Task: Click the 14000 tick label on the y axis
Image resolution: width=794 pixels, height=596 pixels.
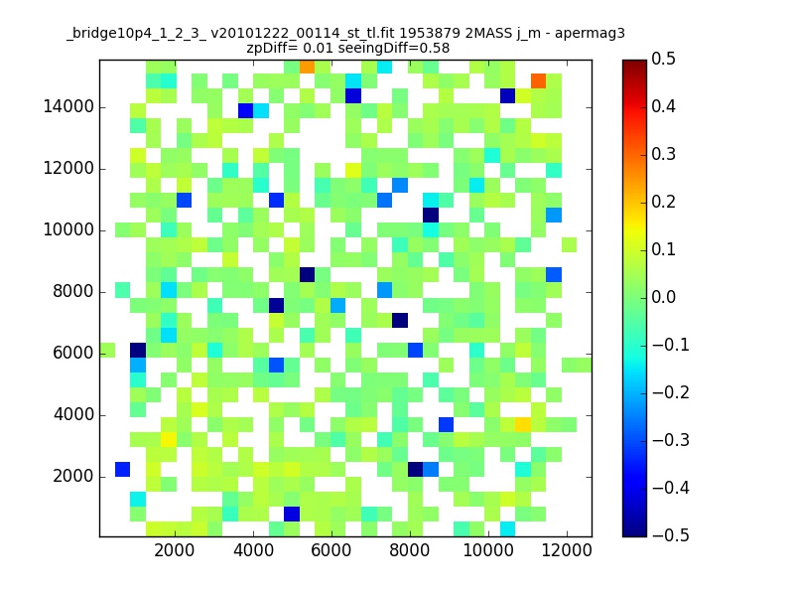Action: (x=68, y=107)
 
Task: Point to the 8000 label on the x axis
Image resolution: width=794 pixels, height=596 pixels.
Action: (x=409, y=550)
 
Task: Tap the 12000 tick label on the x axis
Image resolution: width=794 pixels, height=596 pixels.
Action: (x=567, y=550)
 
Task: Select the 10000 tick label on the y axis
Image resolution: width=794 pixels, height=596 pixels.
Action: (x=68, y=230)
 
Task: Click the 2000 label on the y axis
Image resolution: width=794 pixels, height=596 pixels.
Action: (x=73, y=477)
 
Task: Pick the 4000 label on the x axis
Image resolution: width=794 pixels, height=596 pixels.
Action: (x=253, y=550)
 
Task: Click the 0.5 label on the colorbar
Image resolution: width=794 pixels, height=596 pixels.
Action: (x=663, y=59)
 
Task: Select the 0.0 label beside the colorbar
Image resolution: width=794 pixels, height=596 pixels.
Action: (x=663, y=297)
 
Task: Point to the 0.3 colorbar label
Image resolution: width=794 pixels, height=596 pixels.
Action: (x=663, y=154)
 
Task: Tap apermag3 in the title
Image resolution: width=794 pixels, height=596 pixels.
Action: (x=590, y=35)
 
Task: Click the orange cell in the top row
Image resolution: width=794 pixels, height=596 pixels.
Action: (x=307, y=67)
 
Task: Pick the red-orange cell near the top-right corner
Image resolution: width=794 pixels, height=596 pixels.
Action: (x=538, y=81)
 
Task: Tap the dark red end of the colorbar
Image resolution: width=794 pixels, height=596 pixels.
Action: (x=634, y=66)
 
